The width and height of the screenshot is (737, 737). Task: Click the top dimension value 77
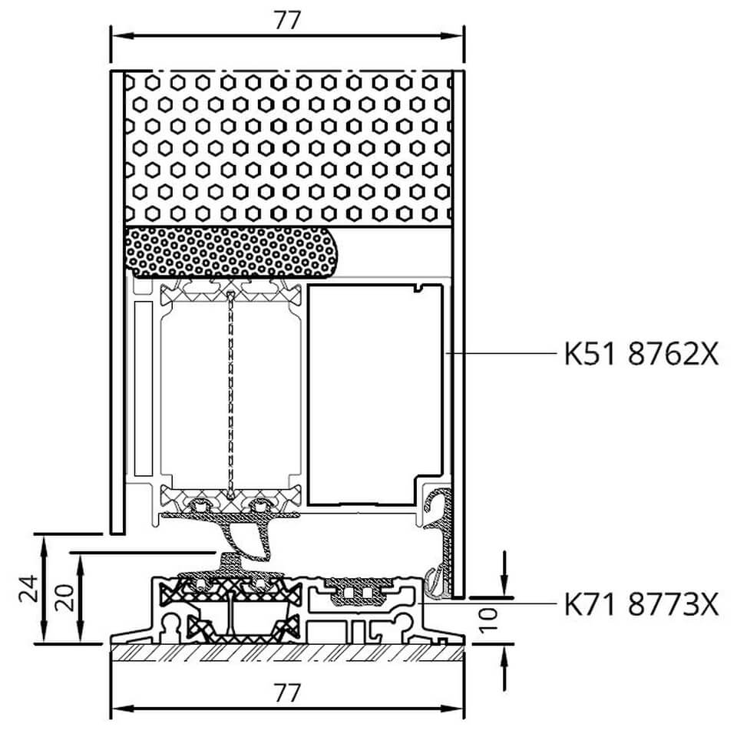click(287, 20)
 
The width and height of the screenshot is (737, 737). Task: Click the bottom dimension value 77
click(287, 692)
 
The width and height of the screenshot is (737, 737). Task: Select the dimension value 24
click(28, 588)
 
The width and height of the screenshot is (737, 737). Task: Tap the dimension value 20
click(64, 597)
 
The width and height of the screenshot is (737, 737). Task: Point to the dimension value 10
click(489, 620)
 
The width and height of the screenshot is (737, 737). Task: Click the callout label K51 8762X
click(642, 353)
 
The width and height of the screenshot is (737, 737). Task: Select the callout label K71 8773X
click(642, 604)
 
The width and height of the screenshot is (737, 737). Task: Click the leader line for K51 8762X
click(501, 352)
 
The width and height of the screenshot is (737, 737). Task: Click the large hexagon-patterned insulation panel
click(288, 148)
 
